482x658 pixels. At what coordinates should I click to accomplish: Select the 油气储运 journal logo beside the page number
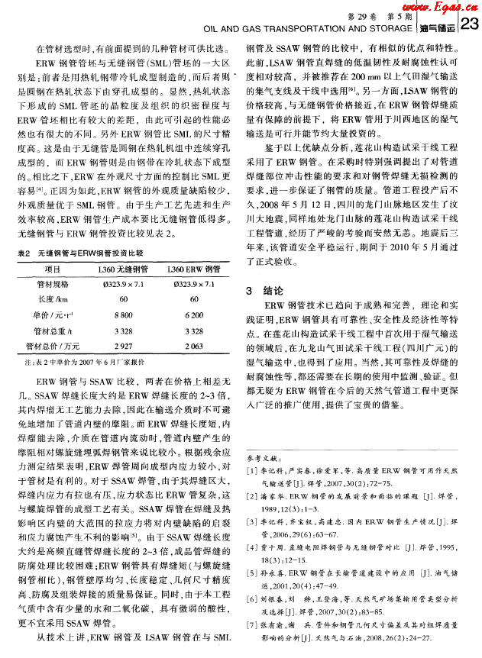(438, 28)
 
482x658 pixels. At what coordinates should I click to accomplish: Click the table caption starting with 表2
(82, 252)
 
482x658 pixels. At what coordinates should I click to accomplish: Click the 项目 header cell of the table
(53, 269)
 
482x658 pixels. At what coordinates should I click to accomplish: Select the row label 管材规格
(53, 283)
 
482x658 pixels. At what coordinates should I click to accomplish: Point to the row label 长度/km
(53, 298)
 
